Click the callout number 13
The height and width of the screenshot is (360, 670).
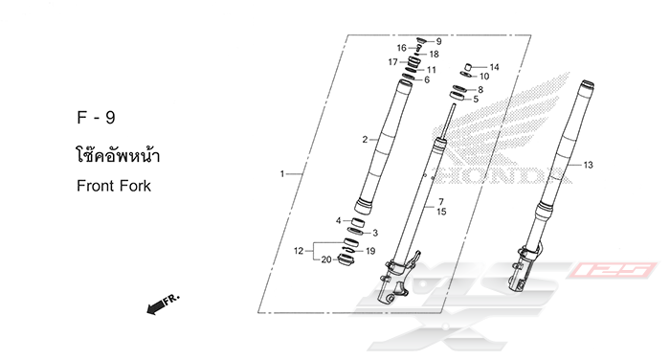pos(588,165)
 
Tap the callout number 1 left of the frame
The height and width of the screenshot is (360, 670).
pos(282,174)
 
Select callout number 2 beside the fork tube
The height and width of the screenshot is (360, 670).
pos(365,140)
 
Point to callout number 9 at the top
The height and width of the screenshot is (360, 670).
pos(438,41)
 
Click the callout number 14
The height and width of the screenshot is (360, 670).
pos(494,67)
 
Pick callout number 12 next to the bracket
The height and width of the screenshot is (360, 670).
pos(299,251)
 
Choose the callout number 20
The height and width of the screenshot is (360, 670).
pos(326,259)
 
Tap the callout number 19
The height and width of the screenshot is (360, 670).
pos(370,251)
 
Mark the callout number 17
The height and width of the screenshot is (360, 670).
pos(392,62)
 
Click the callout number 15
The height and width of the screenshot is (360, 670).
pos(441,212)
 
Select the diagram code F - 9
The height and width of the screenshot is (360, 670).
pos(96,118)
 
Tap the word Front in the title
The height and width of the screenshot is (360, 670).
pos(96,186)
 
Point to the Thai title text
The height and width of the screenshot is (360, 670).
pos(118,154)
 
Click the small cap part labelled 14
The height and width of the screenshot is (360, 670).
pos(467,67)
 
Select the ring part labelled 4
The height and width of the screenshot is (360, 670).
pos(358,223)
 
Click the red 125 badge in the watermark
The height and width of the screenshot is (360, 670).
pos(612,270)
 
